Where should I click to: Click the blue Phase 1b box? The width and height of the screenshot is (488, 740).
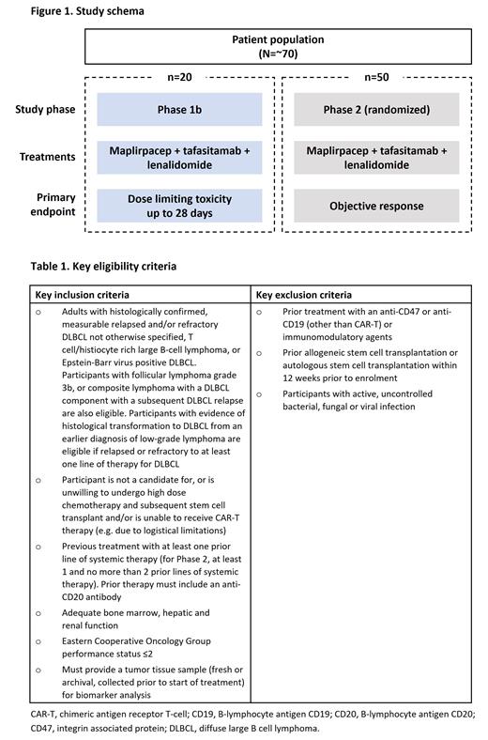179,109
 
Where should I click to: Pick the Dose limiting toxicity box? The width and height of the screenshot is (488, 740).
179,205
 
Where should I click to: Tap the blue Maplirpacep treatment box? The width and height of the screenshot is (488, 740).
179,157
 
